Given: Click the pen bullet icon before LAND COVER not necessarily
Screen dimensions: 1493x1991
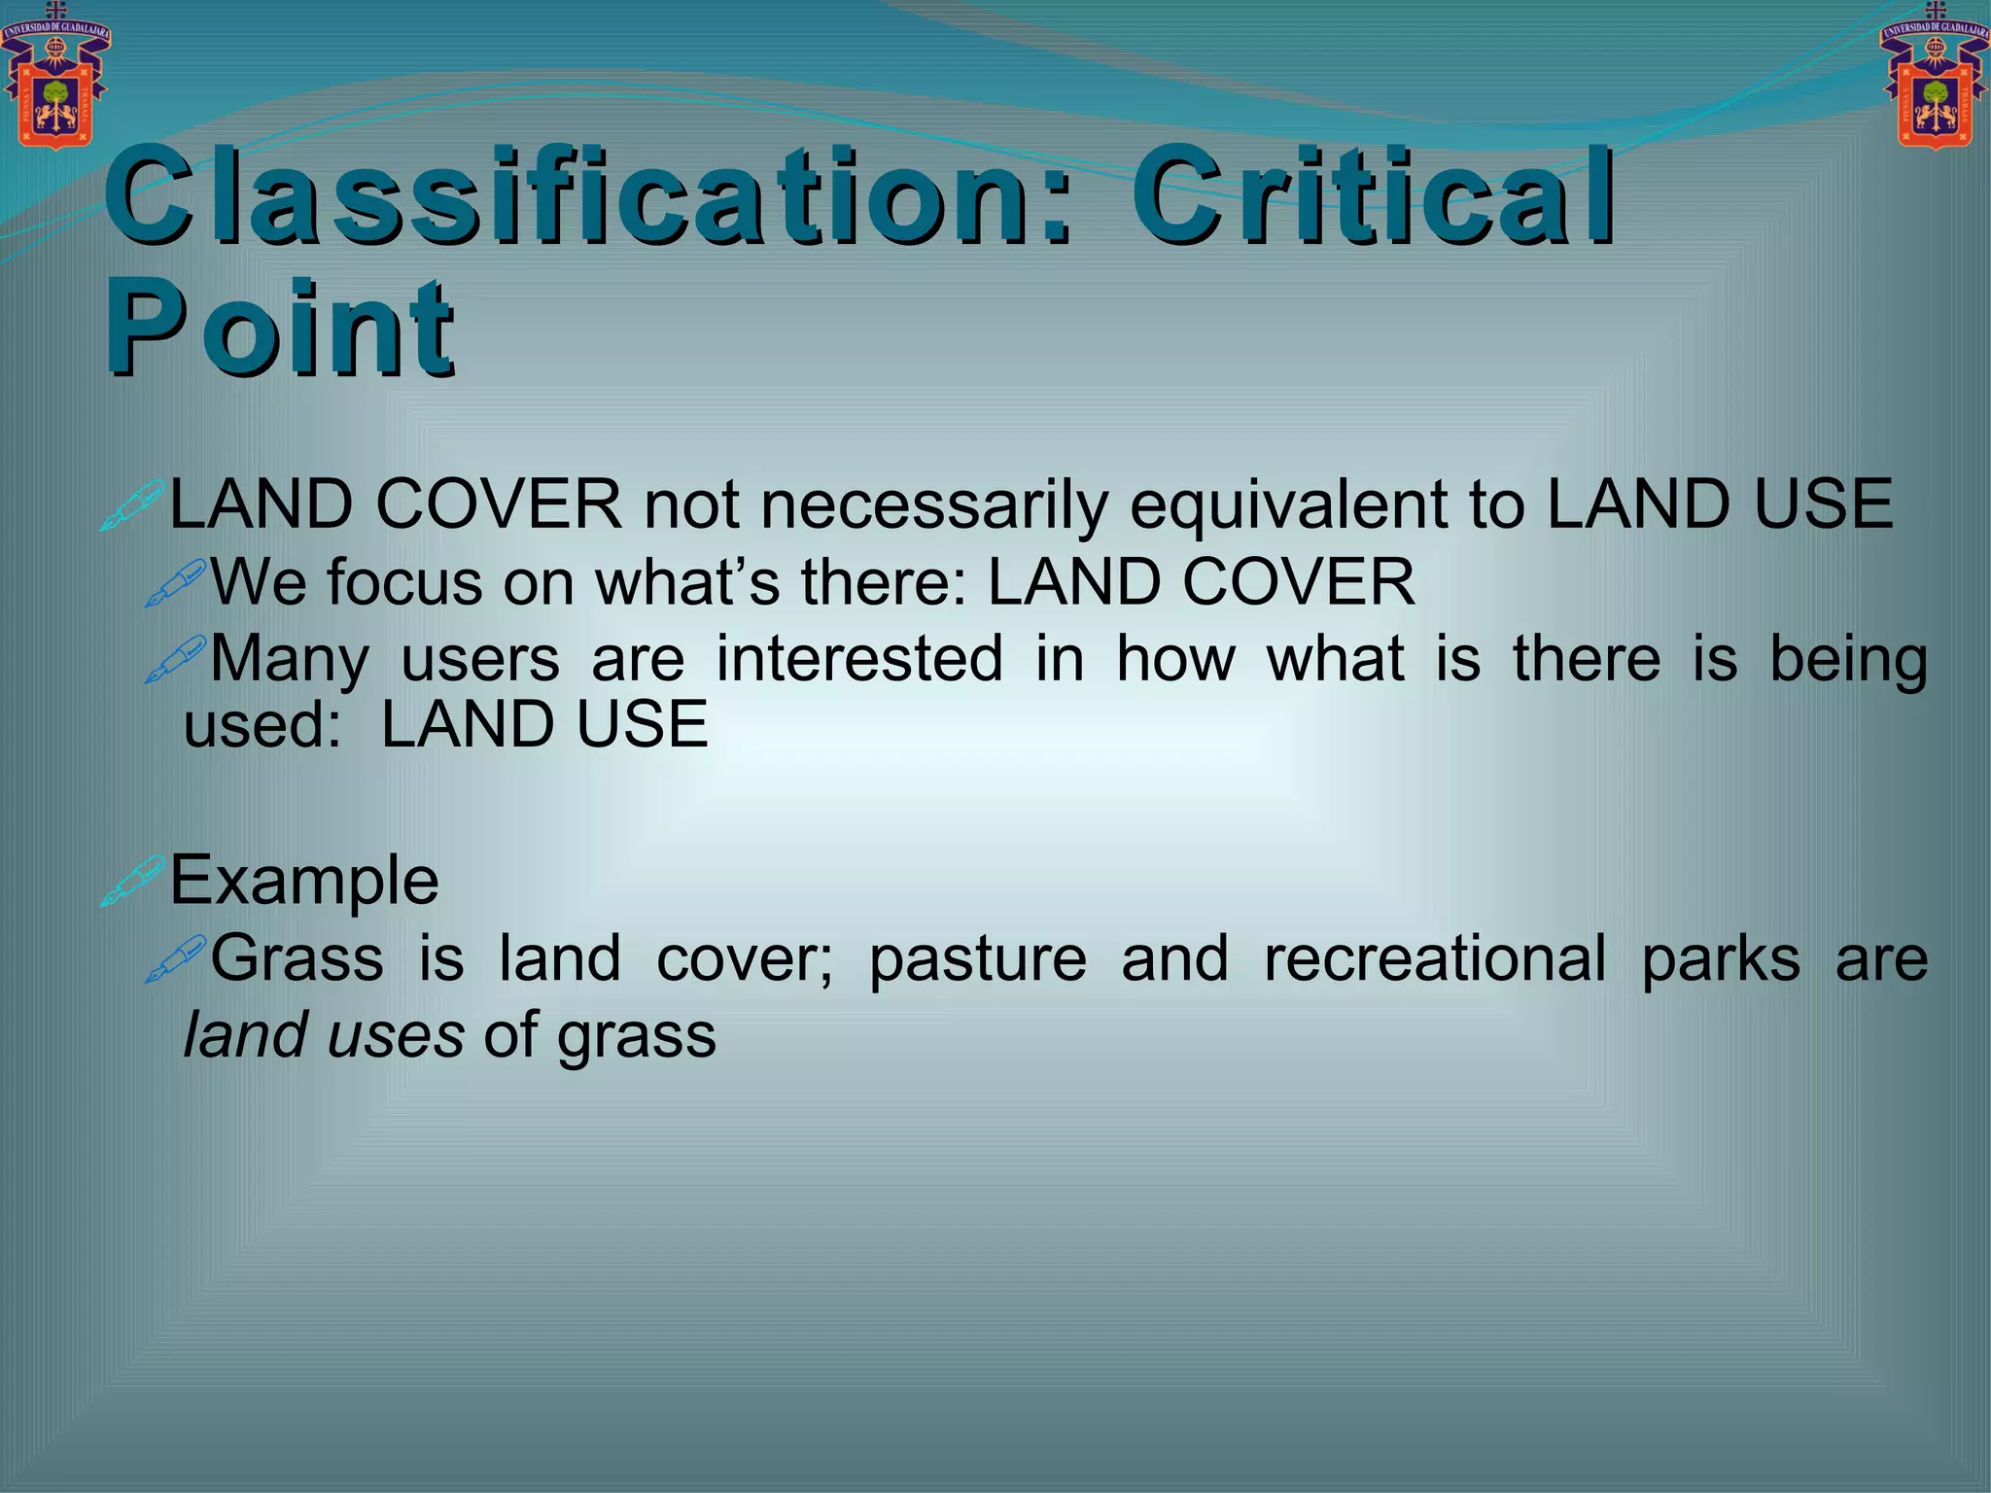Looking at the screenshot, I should pyautogui.click(x=133, y=505).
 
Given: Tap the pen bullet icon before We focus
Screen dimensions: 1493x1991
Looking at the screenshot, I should pyautogui.click(x=176, y=583).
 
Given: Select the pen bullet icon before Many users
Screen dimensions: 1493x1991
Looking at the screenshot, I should pyautogui.click(x=176, y=659).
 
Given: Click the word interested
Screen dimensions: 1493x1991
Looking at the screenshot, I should pyautogui.click(x=859, y=659).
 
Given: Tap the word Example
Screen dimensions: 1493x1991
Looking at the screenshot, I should pyautogui.click(x=304, y=881).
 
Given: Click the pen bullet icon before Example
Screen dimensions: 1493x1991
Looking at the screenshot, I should pyautogui.click(x=133, y=881).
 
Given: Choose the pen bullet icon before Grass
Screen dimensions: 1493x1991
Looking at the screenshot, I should pyautogui.click(x=176, y=958).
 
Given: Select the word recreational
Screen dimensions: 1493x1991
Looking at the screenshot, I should pyautogui.click(x=1435, y=958).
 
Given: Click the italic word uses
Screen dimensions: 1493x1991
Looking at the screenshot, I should pyautogui.click(x=395, y=1035).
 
